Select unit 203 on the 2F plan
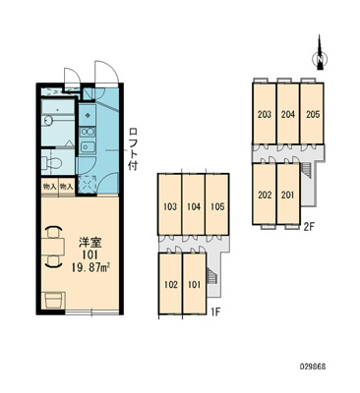click(x=265, y=113)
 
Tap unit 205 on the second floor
click(x=313, y=113)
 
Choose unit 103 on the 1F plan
click(x=170, y=206)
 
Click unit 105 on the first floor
click(x=217, y=206)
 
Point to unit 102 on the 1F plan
click(x=170, y=284)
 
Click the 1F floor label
click(x=214, y=311)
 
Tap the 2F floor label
click(x=309, y=227)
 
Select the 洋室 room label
click(x=90, y=243)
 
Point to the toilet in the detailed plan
click(x=52, y=162)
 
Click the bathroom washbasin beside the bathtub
click(x=48, y=121)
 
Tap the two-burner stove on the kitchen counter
click(x=88, y=132)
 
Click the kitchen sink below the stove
click(x=88, y=146)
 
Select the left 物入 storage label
click(x=49, y=187)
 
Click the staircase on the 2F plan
click(x=306, y=170)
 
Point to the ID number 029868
click(x=313, y=366)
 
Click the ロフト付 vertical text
click(x=133, y=149)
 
